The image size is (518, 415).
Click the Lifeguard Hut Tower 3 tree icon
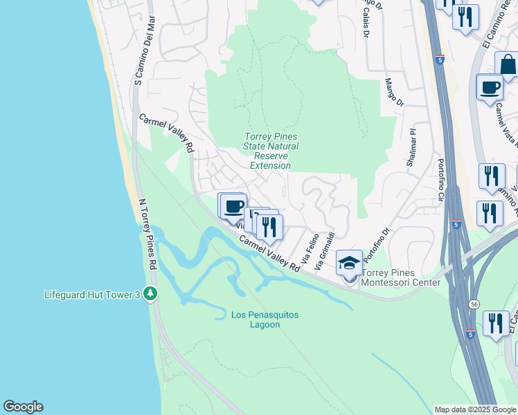[150, 294]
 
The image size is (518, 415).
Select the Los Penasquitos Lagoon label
[265, 320]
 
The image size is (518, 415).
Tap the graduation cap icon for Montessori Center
[349, 263]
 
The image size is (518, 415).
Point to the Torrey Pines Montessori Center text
[401, 278]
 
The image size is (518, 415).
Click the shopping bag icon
[508, 66]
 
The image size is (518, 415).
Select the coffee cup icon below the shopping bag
[490, 88]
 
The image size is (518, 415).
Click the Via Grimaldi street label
[325, 251]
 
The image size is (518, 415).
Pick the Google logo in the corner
[23, 407]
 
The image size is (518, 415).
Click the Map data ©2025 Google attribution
[474, 409]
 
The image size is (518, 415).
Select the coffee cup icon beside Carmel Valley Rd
[233, 206]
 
